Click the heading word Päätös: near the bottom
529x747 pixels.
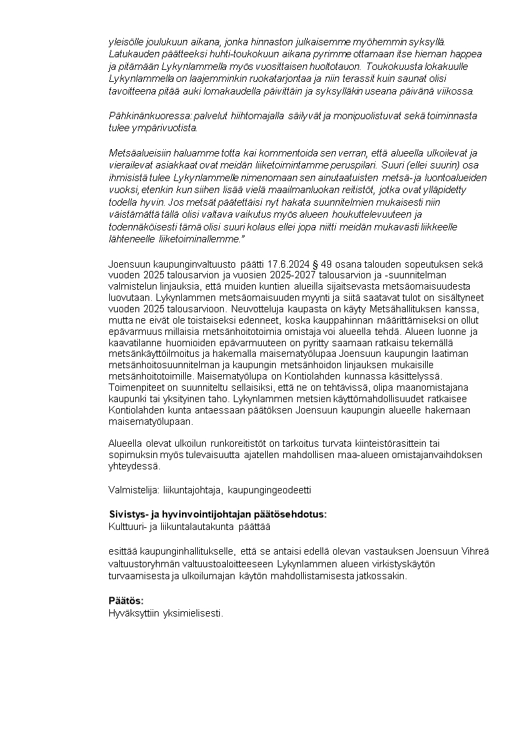click(x=126, y=601)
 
